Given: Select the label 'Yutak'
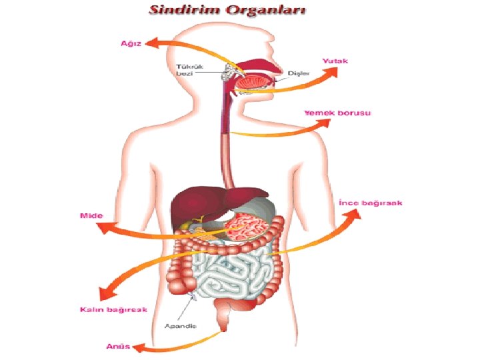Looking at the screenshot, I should point(335,61).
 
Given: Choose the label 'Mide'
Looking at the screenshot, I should point(89,215).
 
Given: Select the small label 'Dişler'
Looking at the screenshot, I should point(299,73).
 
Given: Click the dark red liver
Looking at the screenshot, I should point(193,203).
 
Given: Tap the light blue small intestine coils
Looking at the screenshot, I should point(230,273).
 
